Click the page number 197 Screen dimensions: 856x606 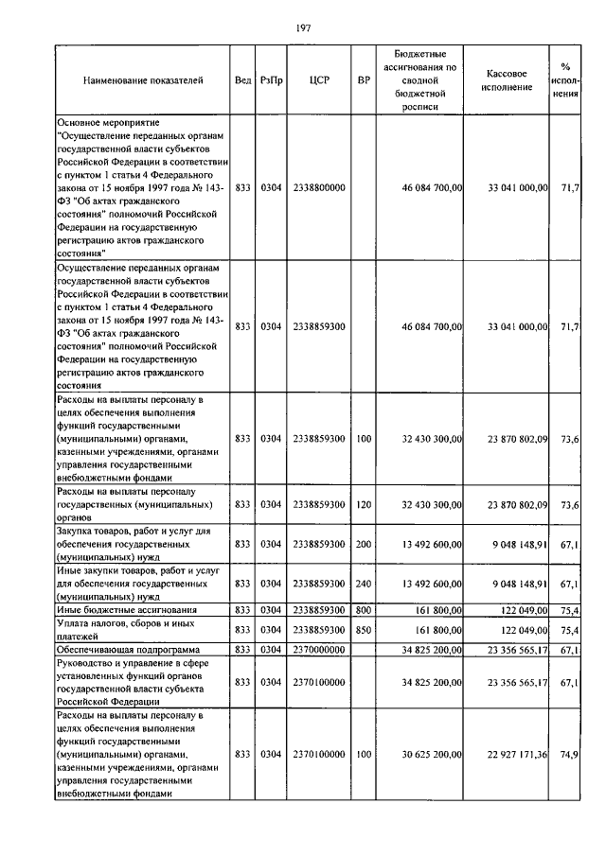(304, 27)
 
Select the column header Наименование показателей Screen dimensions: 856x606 (143, 81)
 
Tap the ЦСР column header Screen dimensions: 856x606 (318, 81)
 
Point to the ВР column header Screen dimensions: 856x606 (364, 81)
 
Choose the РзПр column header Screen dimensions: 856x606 (272, 81)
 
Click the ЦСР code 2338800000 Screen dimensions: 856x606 (318, 189)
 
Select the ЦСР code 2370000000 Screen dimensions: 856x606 (318, 651)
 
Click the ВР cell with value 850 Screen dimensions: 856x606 (364, 629)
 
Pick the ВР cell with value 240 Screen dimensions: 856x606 (364, 585)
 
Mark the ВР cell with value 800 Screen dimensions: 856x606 (364, 611)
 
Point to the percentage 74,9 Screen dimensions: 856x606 (569, 754)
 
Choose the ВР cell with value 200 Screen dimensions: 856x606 (364, 545)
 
